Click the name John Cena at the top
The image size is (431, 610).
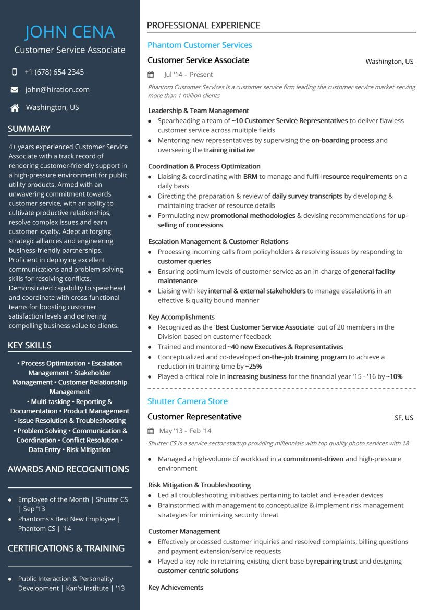tap(70, 32)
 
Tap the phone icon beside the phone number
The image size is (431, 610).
tap(14, 72)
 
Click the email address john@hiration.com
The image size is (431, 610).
tap(57, 90)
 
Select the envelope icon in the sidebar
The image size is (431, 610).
tap(15, 90)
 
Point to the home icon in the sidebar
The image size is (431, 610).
tap(15, 108)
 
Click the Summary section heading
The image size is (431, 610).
tap(29, 129)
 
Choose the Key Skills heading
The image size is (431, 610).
tap(30, 345)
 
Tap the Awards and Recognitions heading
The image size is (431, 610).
tap(68, 469)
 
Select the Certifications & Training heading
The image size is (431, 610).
tap(66, 548)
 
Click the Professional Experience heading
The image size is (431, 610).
tap(203, 25)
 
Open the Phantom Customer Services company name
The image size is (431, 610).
tap(200, 45)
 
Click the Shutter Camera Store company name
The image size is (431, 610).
tap(188, 401)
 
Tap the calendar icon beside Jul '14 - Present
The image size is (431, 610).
tap(151, 75)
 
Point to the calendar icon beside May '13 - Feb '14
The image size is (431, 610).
tap(151, 431)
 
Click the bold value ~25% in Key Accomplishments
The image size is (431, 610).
tap(253, 367)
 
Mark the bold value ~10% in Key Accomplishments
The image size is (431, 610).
tap(394, 376)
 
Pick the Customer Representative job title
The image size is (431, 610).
tap(194, 417)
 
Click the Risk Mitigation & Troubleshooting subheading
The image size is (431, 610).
tap(199, 485)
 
